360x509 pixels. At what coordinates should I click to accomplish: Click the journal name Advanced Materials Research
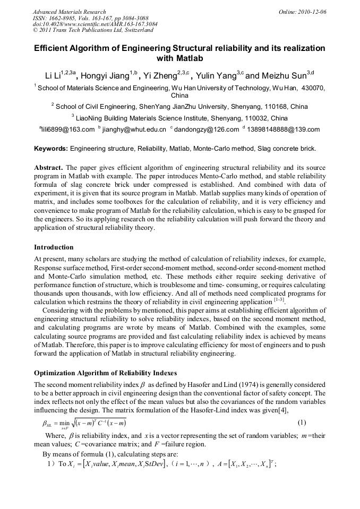click(x=69, y=12)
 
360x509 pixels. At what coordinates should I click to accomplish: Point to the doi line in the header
click(x=87, y=24)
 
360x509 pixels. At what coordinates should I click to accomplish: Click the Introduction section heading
click(x=54, y=247)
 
